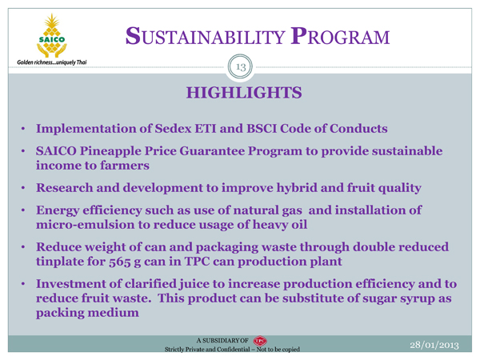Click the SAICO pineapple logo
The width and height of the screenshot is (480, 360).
click(52, 36)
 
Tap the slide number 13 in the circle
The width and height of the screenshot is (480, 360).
click(241, 66)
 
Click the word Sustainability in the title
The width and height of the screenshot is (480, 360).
click(206, 37)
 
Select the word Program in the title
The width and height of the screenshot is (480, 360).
click(340, 37)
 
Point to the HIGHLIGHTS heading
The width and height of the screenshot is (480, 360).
click(244, 93)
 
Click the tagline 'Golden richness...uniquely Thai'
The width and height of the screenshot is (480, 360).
click(52, 62)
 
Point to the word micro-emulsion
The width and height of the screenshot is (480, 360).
click(85, 224)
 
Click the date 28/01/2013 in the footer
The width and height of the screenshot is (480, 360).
click(434, 345)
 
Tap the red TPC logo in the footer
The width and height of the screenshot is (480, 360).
click(260, 341)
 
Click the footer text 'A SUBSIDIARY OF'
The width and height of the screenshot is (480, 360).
click(222, 341)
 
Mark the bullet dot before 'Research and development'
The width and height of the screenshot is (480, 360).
click(23, 188)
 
